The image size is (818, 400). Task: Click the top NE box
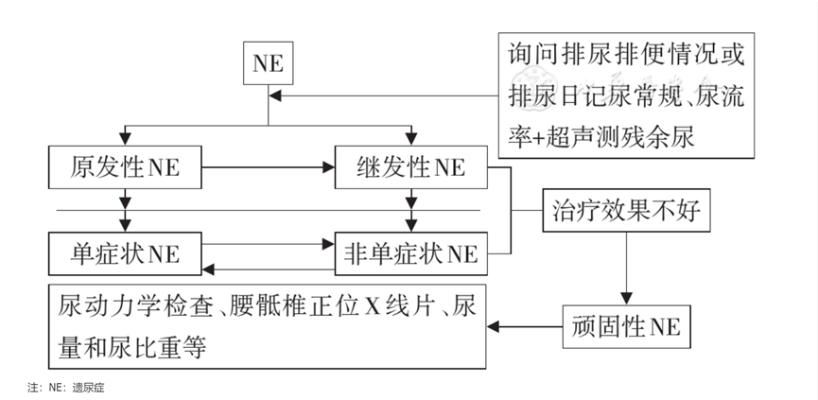268,63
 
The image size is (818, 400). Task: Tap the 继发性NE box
411,168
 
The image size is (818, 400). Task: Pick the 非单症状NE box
411,253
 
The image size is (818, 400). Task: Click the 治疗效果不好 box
624,211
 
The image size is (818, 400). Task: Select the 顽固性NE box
626,328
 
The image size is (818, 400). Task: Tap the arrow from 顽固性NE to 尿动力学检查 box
525,328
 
